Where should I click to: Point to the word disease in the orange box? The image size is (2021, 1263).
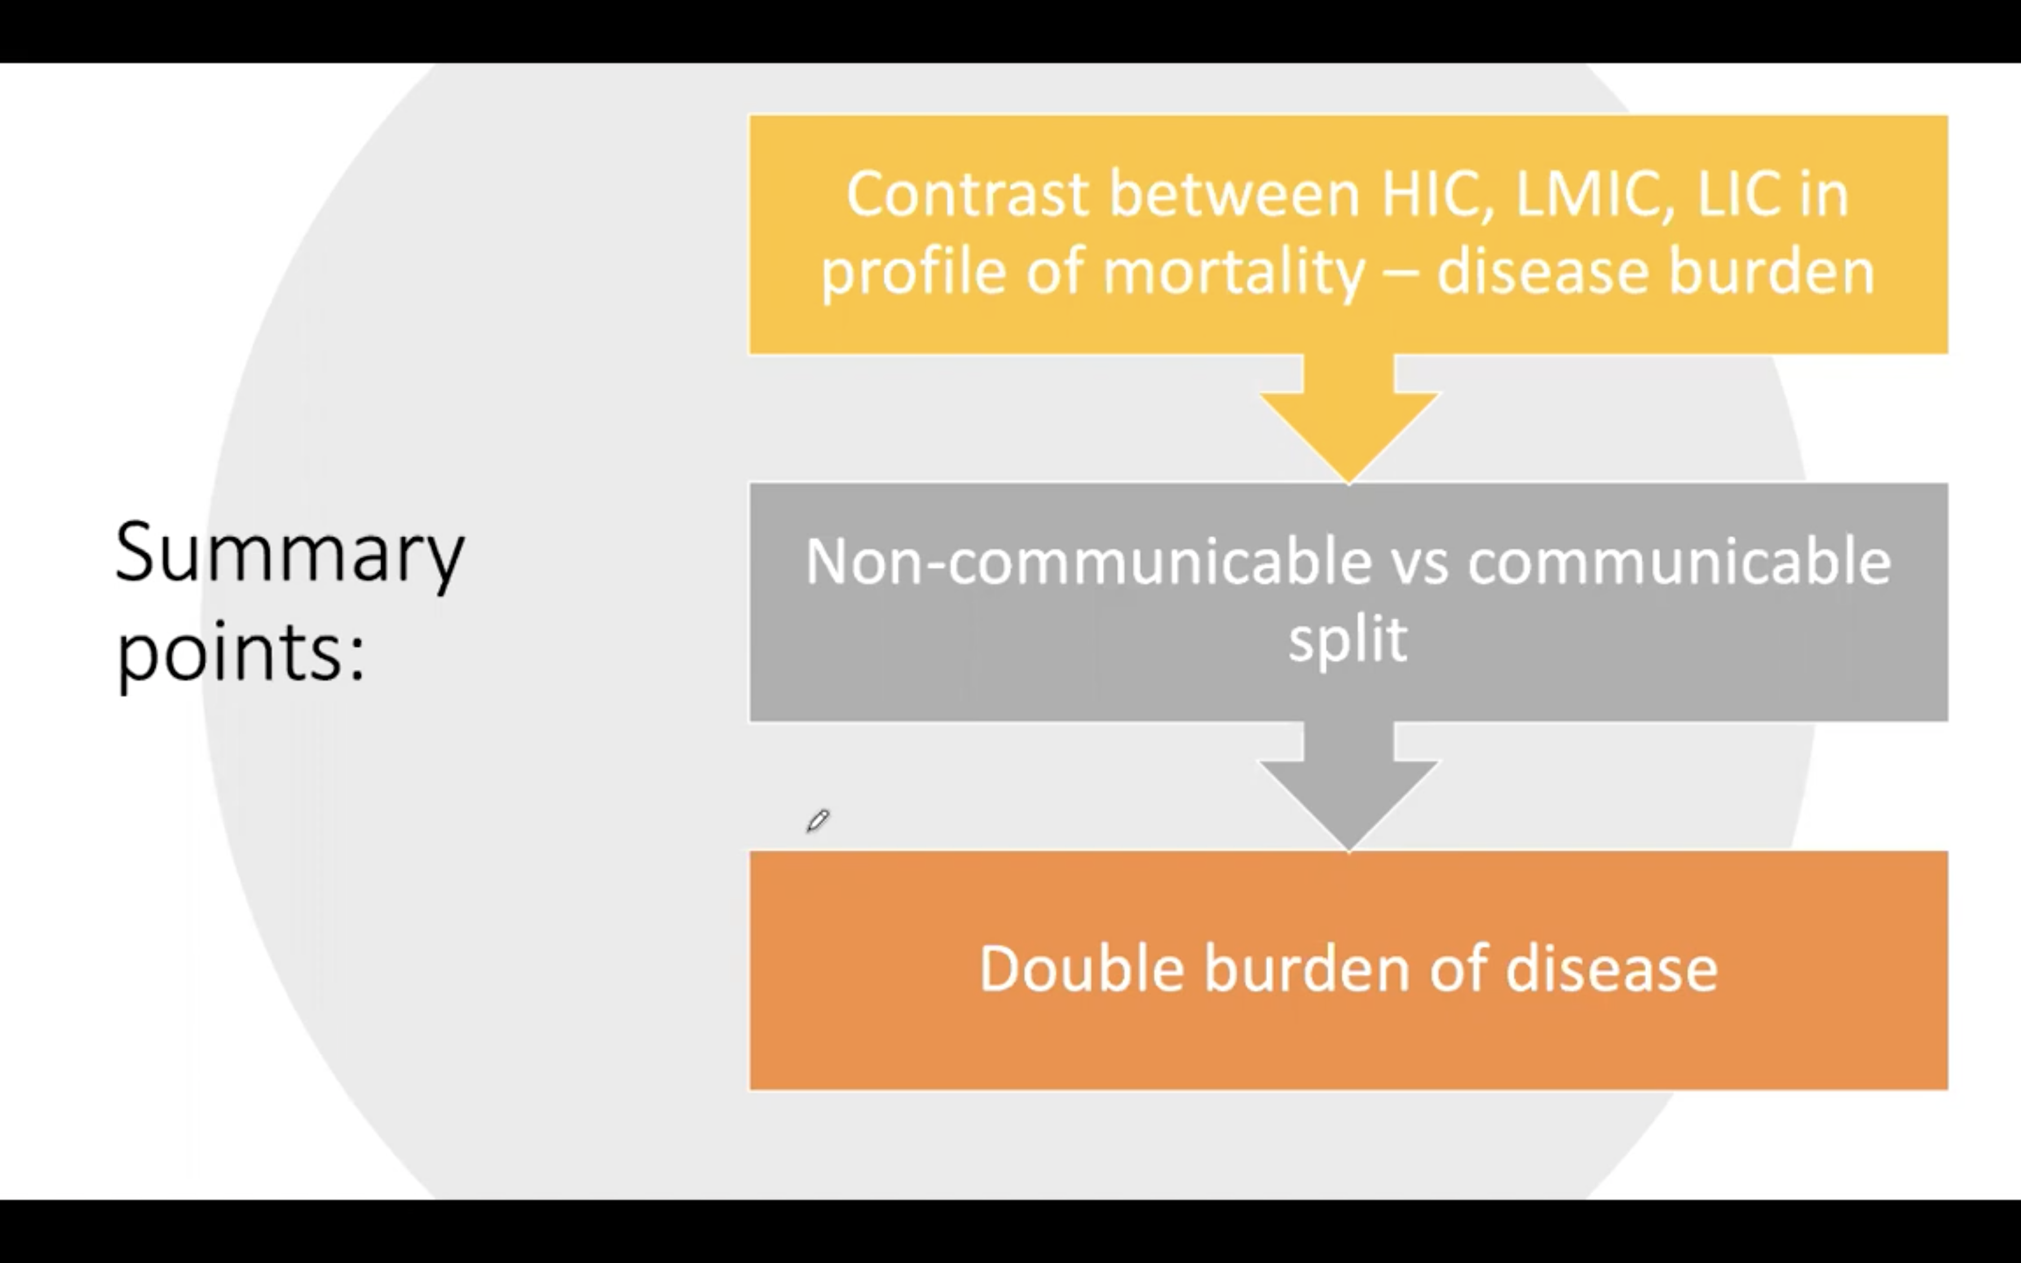pos(1611,969)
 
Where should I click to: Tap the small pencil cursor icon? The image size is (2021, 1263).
pos(818,820)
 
